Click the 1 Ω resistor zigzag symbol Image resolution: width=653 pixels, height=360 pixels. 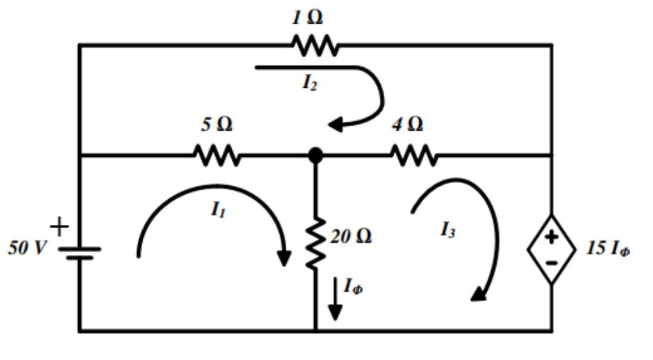coord(315,45)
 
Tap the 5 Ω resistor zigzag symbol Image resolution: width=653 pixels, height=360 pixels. coord(216,155)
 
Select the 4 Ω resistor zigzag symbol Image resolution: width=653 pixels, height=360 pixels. coord(414,155)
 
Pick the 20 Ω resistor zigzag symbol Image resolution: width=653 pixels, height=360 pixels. coord(316,243)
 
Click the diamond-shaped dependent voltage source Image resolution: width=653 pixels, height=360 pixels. coord(551,250)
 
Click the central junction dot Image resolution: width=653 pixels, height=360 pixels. coord(316,155)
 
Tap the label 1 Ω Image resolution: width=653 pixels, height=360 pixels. coord(307,17)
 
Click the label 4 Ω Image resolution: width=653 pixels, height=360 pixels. coord(407,124)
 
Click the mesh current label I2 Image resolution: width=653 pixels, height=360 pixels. coord(310,83)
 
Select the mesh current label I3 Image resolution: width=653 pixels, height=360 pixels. coord(447,229)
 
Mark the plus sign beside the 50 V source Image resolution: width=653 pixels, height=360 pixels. coord(59,226)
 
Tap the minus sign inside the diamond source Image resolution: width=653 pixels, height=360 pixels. coord(551,262)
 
